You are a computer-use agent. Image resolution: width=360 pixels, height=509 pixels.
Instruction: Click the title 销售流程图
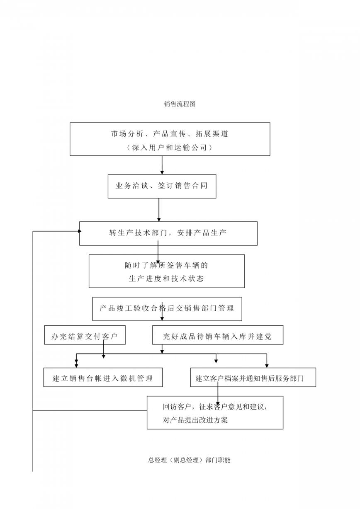coord(180,104)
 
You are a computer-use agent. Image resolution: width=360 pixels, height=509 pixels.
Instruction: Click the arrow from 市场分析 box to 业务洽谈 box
coord(162,165)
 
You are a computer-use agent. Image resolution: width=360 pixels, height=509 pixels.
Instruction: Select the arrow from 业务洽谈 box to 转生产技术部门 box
coord(159,210)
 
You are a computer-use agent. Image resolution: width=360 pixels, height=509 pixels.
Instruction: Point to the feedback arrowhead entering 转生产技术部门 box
coord(80,231)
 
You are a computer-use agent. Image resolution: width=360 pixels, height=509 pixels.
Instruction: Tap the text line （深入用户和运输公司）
coord(170,148)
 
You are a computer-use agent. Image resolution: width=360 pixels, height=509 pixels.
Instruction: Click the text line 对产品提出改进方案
coord(195,420)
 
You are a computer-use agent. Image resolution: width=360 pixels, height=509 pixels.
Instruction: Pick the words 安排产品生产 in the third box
coord(202,233)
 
